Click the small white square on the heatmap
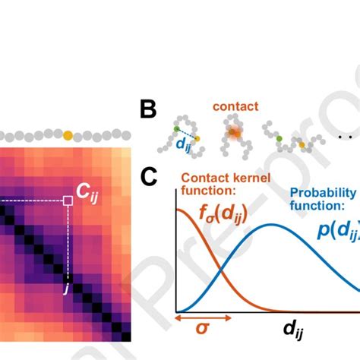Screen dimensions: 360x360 [68, 201]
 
